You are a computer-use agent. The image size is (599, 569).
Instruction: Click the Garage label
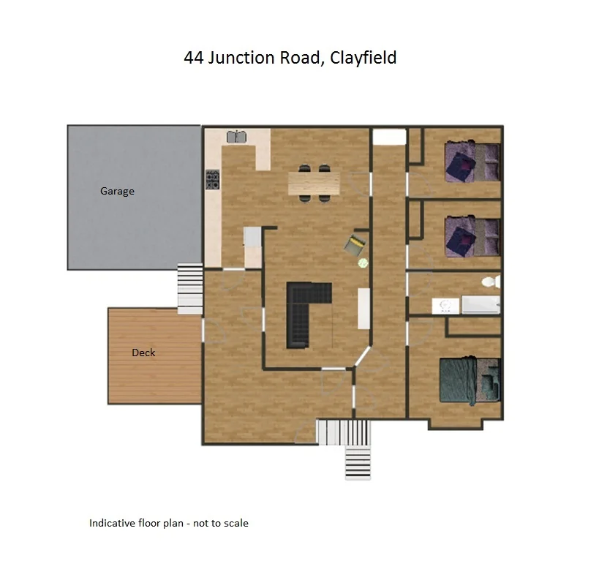pyautogui.click(x=117, y=192)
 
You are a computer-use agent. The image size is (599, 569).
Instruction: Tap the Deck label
pyautogui.click(x=143, y=353)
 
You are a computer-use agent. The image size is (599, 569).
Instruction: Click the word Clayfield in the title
pyautogui.click(x=363, y=58)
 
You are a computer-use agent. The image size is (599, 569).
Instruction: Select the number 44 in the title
pyautogui.click(x=194, y=58)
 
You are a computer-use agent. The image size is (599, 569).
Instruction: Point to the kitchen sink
pyautogui.click(x=236, y=137)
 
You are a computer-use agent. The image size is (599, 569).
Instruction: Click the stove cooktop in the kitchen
pyautogui.click(x=213, y=180)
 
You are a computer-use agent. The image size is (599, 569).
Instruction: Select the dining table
pyautogui.click(x=314, y=184)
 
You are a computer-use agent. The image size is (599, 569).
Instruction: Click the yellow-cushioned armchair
pyautogui.click(x=356, y=244)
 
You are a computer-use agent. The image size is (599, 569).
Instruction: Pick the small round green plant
pyautogui.click(x=362, y=262)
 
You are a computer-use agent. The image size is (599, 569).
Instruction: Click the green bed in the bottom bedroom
pyautogui.click(x=468, y=380)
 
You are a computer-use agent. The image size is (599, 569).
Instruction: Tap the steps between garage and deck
pyautogui.click(x=189, y=289)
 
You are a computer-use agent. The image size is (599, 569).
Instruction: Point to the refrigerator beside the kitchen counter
pyautogui.click(x=252, y=236)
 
